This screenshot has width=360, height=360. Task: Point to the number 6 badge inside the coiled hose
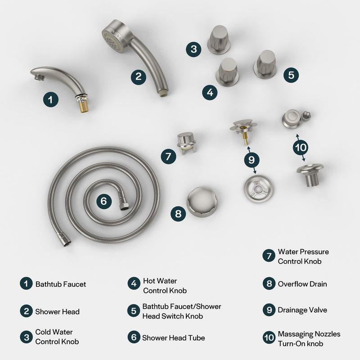point(103,201)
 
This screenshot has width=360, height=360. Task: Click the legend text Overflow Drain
point(302,284)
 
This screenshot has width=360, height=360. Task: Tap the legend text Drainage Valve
point(302,310)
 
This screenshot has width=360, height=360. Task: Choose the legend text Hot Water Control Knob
point(164,286)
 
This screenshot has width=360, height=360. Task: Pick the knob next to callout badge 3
point(219,39)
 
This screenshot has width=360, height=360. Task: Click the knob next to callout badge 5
point(265,64)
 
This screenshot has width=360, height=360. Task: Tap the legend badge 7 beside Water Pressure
point(268,256)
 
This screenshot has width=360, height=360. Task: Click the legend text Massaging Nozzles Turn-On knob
point(309,339)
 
